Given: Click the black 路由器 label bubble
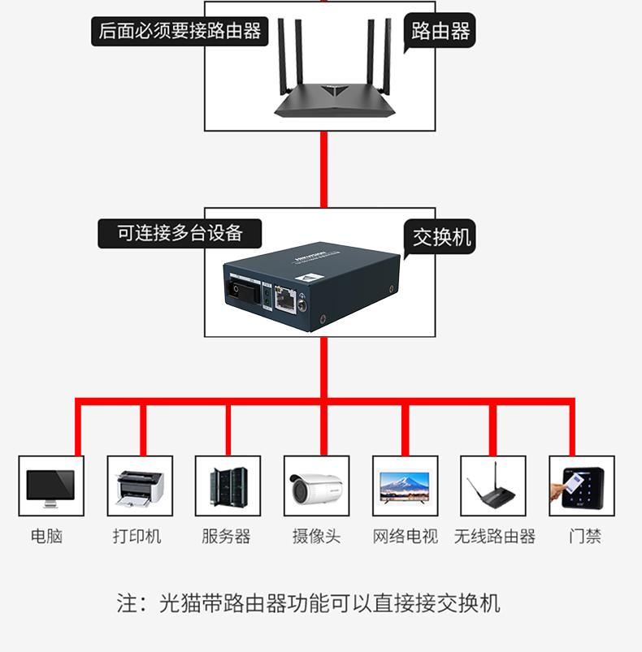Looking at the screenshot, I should (440, 32).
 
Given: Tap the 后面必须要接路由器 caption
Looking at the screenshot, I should (180, 32).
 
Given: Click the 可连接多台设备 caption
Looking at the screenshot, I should (180, 233).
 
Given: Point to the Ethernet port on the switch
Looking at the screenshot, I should (285, 298).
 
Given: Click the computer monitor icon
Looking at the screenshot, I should (50, 486).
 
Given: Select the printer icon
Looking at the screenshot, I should (140, 486).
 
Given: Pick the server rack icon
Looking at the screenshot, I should (228, 486).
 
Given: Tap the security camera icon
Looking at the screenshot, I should (316, 486).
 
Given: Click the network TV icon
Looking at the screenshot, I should (405, 486).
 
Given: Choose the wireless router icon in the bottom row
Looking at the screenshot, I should (493, 486).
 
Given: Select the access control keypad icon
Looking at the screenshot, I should (582, 486).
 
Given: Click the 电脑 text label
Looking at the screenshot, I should (46, 537).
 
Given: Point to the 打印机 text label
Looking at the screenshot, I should (137, 537).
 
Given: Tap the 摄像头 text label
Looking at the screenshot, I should (316, 537).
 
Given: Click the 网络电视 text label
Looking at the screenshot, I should (405, 537).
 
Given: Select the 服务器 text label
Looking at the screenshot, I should (226, 537).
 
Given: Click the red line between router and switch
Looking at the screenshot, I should (323, 169).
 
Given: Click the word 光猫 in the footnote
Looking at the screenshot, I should (180, 603).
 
